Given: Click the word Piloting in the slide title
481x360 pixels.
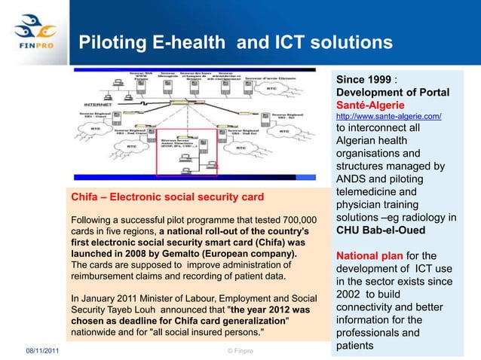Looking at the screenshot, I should [x=109, y=42].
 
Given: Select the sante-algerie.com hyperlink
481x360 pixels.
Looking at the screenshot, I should [x=388, y=117].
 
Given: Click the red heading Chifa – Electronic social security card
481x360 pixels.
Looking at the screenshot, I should [x=167, y=197].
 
